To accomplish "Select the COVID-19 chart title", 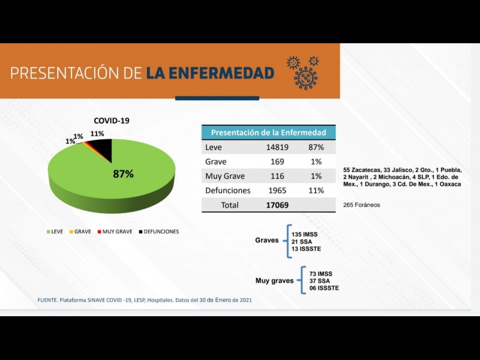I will [x=111, y=121].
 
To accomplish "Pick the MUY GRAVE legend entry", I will [x=115, y=231].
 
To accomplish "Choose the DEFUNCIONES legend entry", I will [x=158, y=231].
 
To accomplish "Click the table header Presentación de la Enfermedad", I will [x=269, y=133].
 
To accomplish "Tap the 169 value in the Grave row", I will [x=277, y=161].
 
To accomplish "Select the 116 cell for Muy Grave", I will [x=277, y=176].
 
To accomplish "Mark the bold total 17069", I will [x=277, y=205].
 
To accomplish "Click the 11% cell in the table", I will [x=316, y=191].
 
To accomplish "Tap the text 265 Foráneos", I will [x=361, y=205].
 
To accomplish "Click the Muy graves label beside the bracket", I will [x=275, y=280].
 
